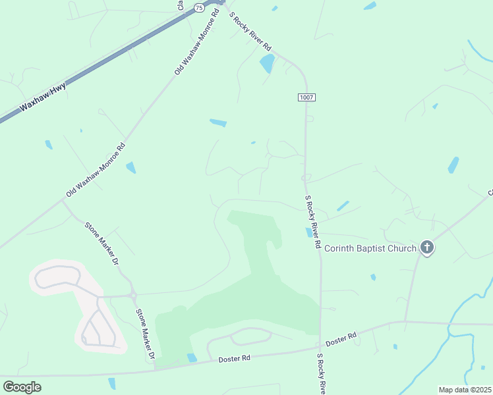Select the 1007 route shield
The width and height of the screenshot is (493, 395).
pyautogui.click(x=306, y=97)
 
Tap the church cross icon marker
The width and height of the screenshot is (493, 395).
pyautogui.click(x=427, y=248)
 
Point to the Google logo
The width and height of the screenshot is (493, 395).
pyautogui.click(x=22, y=387)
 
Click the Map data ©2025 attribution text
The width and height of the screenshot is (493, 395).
pyautogui.click(x=464, y=390)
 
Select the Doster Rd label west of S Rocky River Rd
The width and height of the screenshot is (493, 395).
pyautogui.click(x=235, y=359)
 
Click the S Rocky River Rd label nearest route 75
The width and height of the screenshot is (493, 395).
pyautogui.click(x=250, y=32)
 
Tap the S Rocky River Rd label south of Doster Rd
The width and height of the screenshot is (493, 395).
pyautogui.click(x=320, y=374)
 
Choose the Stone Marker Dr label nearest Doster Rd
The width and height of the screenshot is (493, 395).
pyautogui.click(x=144, y=334)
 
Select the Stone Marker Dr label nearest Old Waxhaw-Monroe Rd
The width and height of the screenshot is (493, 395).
pyautogui.click(x=101, y=243)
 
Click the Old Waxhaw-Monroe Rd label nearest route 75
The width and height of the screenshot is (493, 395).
pyautogui.click(x=196, y=41)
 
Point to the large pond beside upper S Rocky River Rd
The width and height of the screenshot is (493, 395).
pyautogui.click(x=267, y=63)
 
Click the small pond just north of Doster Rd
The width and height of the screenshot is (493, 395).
pyautogui.click(x=191, y=357)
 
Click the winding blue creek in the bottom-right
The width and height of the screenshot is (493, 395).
pyautogui.click(x=455, y=323)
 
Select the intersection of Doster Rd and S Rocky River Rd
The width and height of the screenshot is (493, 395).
pyautogui.click(x=320, y=345)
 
